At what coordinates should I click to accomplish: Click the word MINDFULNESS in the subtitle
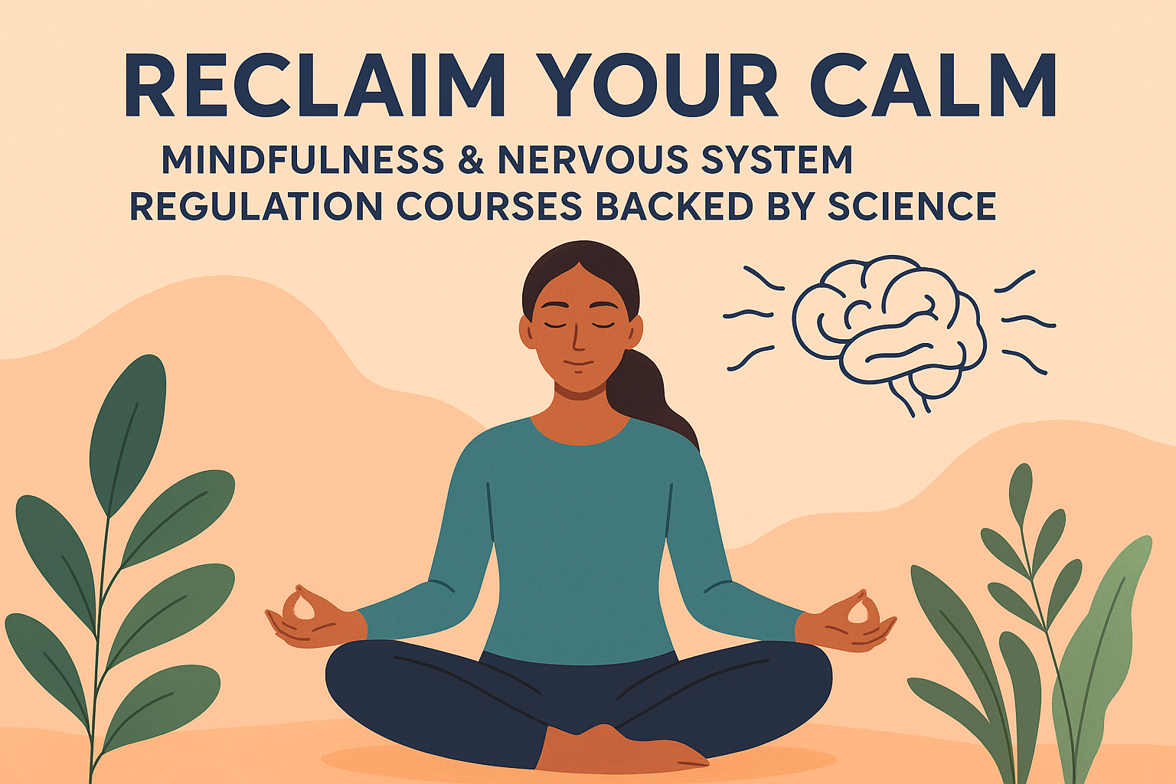[x=302, y=160]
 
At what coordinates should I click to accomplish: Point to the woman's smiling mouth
[x=580, y=363]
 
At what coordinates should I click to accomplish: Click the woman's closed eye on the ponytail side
[x=603, y=325]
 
